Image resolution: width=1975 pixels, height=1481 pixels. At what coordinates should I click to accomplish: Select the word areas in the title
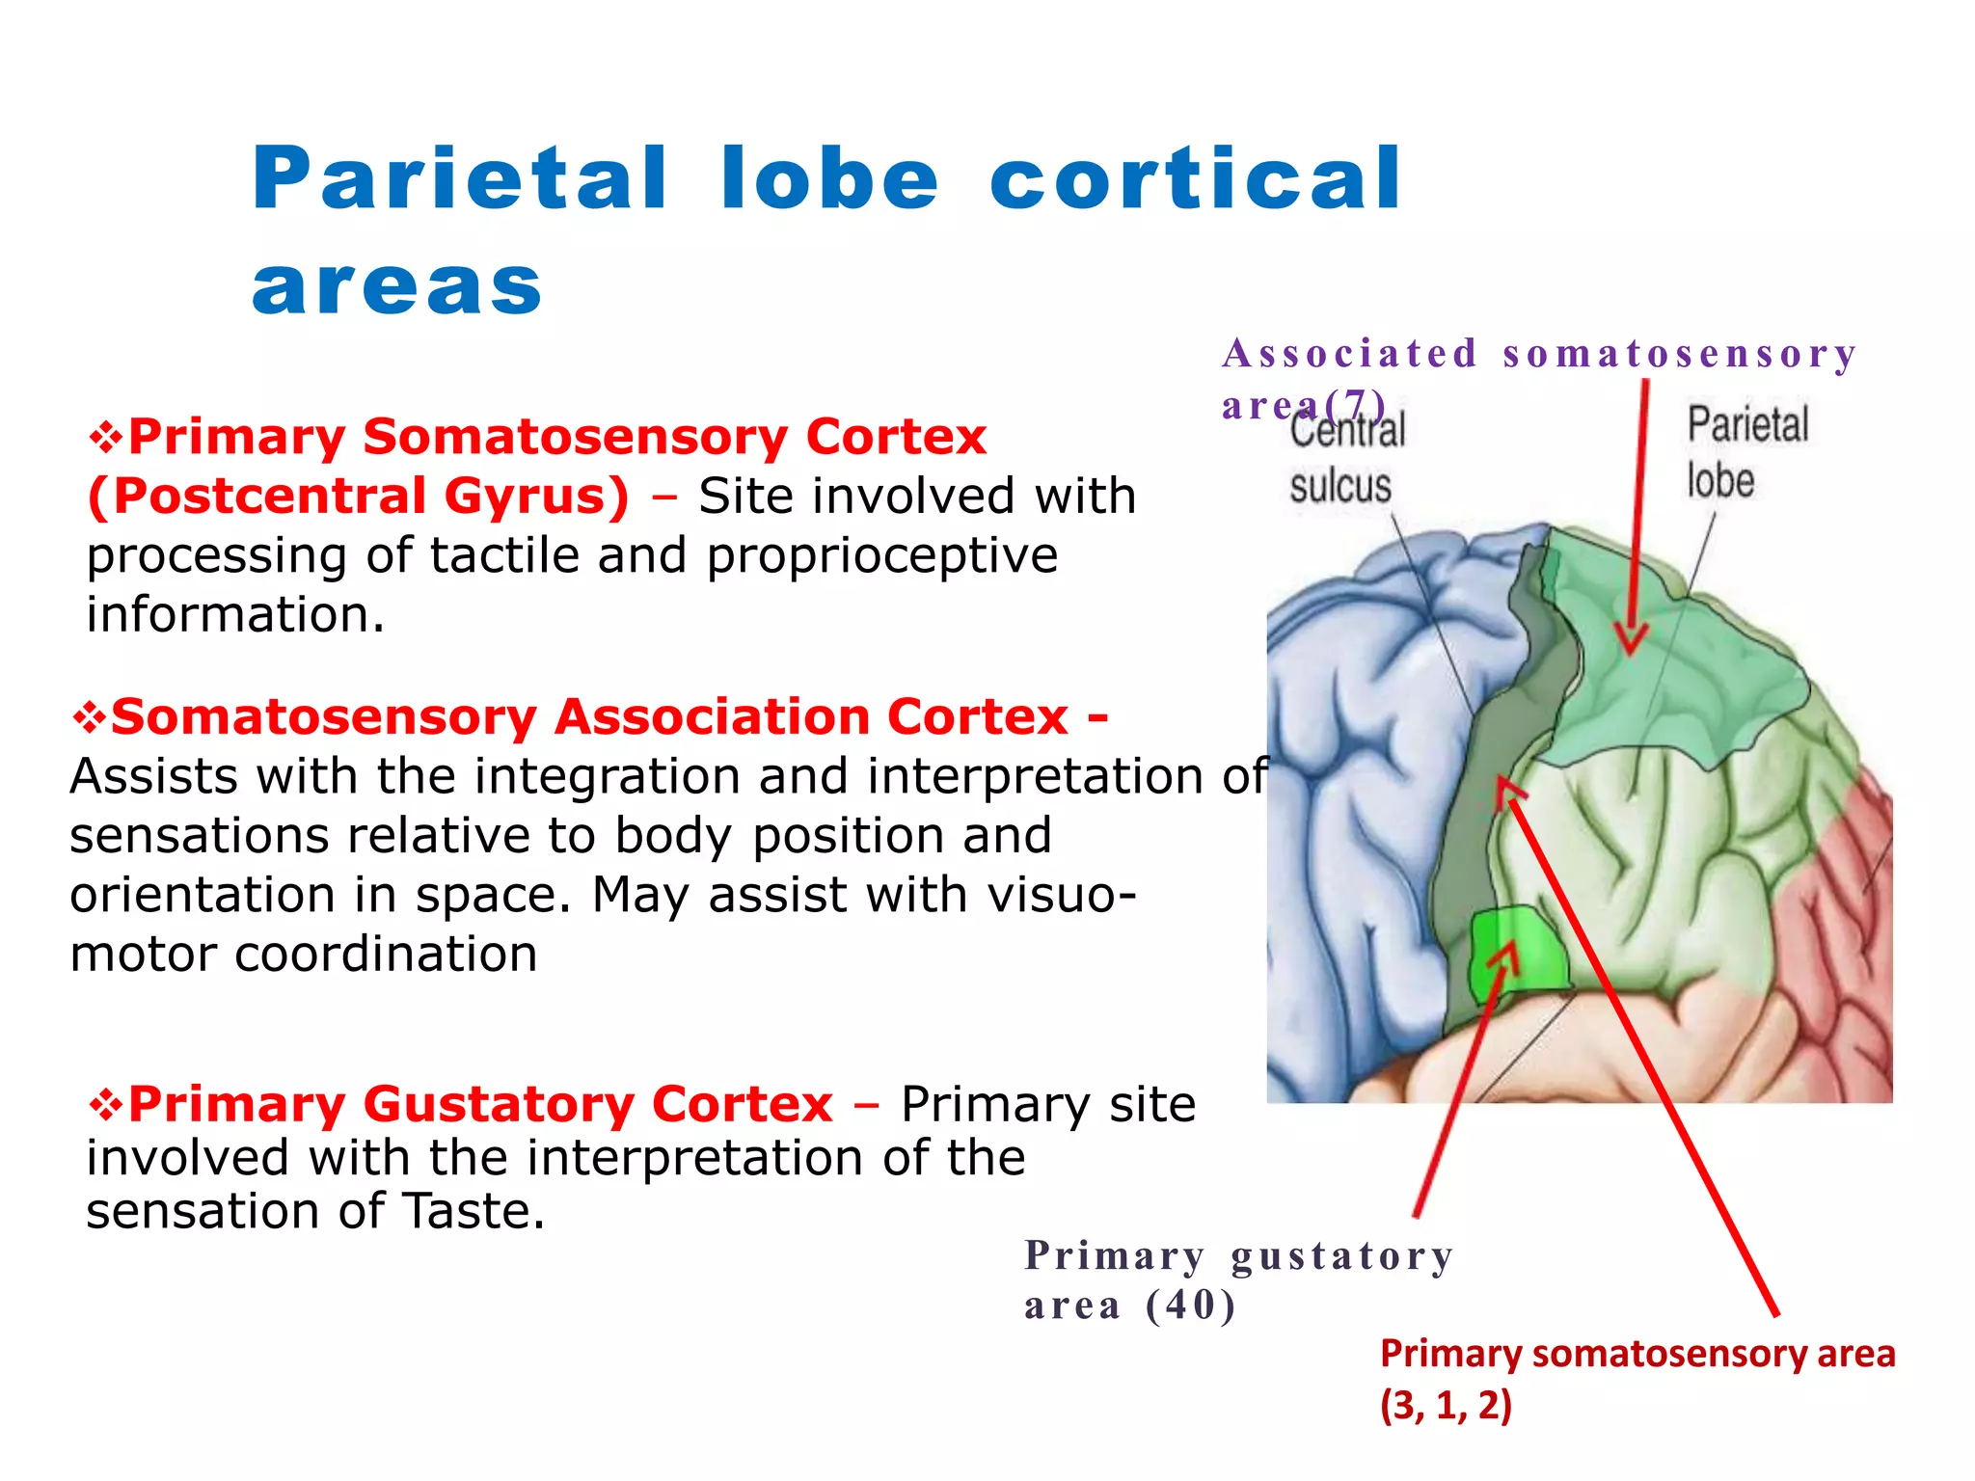click(397, 286)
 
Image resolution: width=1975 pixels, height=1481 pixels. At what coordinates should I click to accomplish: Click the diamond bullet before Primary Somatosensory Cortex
click(105, 438)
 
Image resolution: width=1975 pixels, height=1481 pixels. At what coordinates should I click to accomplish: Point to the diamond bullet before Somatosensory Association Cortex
click(89, 717)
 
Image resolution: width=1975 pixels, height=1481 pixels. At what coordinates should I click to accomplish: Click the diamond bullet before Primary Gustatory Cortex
click(105, 1105)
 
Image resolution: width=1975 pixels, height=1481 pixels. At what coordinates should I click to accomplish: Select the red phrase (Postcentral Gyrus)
click(358, 497)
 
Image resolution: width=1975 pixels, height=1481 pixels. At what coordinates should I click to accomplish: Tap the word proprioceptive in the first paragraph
click(881, 556)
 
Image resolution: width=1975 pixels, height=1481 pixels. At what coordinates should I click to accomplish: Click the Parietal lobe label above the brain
click(1745, 452)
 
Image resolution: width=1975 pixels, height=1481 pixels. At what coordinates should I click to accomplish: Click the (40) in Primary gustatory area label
click(1190, 1306)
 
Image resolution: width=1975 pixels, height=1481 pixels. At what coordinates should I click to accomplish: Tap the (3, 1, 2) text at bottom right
click(1446, 1406)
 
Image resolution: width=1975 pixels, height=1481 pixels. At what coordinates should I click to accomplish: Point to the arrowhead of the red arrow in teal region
click(1630, 642)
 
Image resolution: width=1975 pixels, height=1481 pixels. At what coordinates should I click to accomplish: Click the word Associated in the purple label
click(1349, 354)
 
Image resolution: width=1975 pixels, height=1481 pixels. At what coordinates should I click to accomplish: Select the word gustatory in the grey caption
click(1341, 1256)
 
